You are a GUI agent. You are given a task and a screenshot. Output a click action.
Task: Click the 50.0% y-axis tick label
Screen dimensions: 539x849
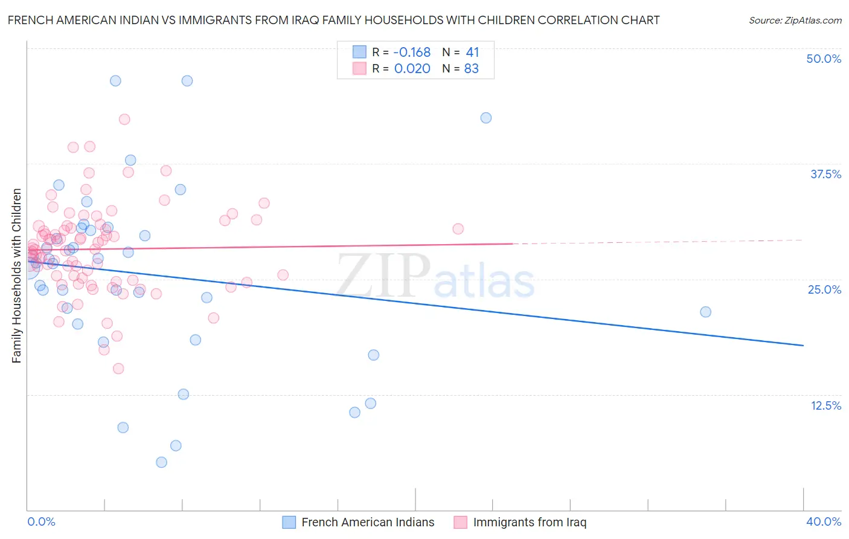point(824,59)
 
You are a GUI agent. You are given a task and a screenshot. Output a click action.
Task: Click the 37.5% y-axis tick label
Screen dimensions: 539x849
point(825,174)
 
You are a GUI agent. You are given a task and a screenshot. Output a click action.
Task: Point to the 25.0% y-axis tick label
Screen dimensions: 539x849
point(824,289)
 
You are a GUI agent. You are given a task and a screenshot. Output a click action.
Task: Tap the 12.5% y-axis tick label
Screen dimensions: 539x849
point(825,405)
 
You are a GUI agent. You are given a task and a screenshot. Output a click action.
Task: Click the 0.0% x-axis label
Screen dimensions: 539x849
point(41,521)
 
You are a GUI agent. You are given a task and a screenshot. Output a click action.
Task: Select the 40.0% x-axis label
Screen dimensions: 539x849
point(824,521)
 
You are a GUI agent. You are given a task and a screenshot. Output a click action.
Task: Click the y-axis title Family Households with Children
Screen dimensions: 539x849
point(16,276)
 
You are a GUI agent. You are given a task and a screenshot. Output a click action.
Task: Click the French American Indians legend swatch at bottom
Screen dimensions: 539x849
point(289,522)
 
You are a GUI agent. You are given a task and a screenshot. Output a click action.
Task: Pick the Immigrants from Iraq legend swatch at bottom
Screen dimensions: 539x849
point(461,522)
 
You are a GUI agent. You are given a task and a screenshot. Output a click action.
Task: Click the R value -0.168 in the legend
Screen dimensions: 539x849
point(412,53)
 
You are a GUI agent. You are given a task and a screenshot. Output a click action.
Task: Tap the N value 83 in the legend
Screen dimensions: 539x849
point(471,69)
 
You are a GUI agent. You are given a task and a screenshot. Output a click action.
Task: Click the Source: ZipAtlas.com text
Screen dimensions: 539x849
point(795,21)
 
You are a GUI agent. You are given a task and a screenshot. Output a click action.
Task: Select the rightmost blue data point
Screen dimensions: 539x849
point(705,312)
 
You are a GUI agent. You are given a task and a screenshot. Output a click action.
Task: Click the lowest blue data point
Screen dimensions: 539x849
point(161,462)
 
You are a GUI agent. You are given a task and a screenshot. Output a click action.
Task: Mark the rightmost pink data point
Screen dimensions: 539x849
point(458,228)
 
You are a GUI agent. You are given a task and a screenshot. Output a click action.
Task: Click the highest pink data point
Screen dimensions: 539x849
point(124,119)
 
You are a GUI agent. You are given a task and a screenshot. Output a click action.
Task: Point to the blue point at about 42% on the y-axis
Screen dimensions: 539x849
point(486,118)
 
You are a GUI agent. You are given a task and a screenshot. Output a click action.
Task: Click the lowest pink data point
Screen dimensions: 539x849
point(118,369)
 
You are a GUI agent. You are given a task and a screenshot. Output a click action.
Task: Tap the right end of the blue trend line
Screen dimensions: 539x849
point(803,345)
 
